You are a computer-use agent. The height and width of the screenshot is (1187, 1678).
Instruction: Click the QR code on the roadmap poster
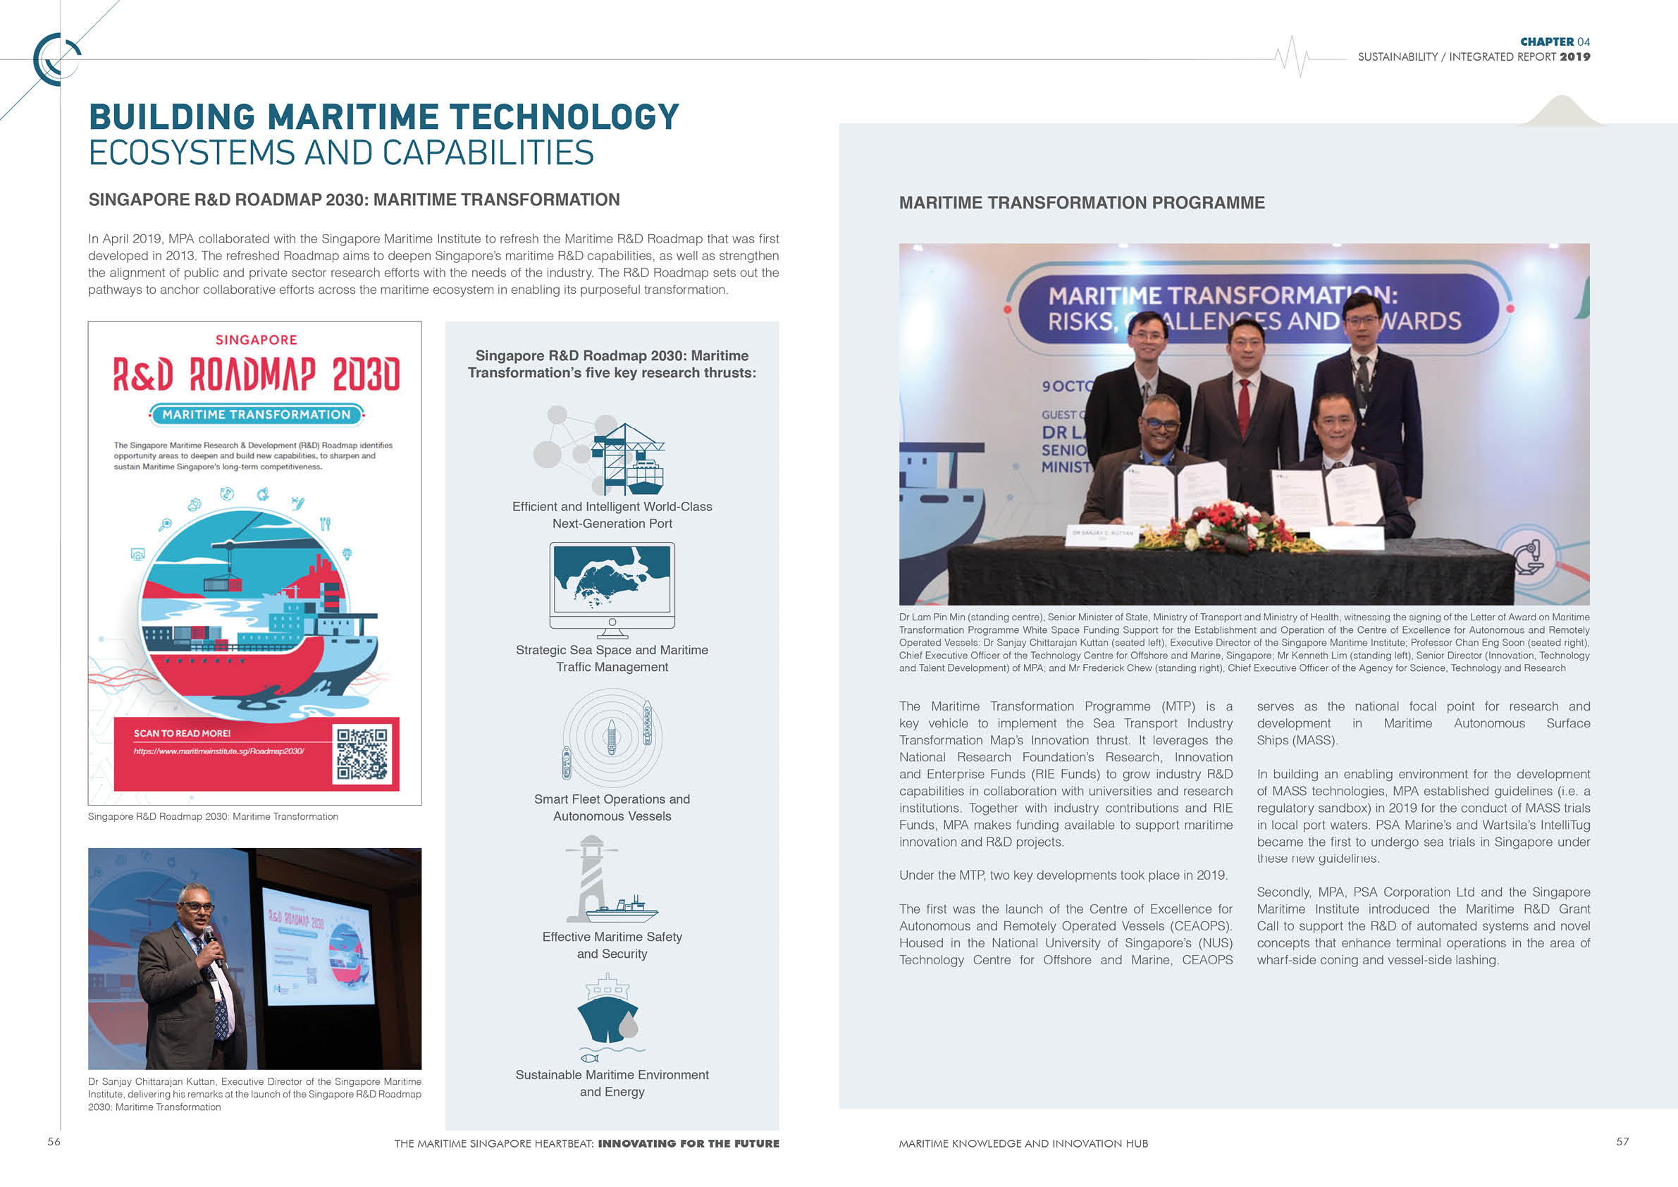coord(362,754)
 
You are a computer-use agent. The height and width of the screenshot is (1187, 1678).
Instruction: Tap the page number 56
coord(54,1141)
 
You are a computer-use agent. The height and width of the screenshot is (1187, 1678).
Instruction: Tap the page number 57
coord(1622,1141)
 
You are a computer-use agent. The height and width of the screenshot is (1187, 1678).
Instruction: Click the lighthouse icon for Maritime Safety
coord(593,878)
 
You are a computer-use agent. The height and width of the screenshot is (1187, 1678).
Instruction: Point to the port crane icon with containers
coord(627,458)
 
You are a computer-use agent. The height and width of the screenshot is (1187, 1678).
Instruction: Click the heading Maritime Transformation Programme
coord(1081,202)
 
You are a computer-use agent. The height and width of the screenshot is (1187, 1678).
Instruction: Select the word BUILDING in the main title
coord(173,117)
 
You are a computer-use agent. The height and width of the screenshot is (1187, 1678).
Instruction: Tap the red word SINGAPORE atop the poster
coord(256,340)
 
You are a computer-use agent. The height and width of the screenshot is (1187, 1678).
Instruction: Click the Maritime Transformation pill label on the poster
coord(256,414)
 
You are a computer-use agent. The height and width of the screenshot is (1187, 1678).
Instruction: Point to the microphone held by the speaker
coord(209,935)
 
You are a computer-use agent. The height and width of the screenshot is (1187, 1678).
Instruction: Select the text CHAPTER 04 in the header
coord(1555,42)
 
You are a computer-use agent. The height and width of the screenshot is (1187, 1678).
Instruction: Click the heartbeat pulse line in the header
coord(1292,56)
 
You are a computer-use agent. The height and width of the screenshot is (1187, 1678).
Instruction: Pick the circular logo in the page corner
coord(56,59)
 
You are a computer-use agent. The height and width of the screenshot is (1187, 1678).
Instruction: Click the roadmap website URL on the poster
coord(218,751)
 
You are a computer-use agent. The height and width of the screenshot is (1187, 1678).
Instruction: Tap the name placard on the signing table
coord(1102,534)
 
